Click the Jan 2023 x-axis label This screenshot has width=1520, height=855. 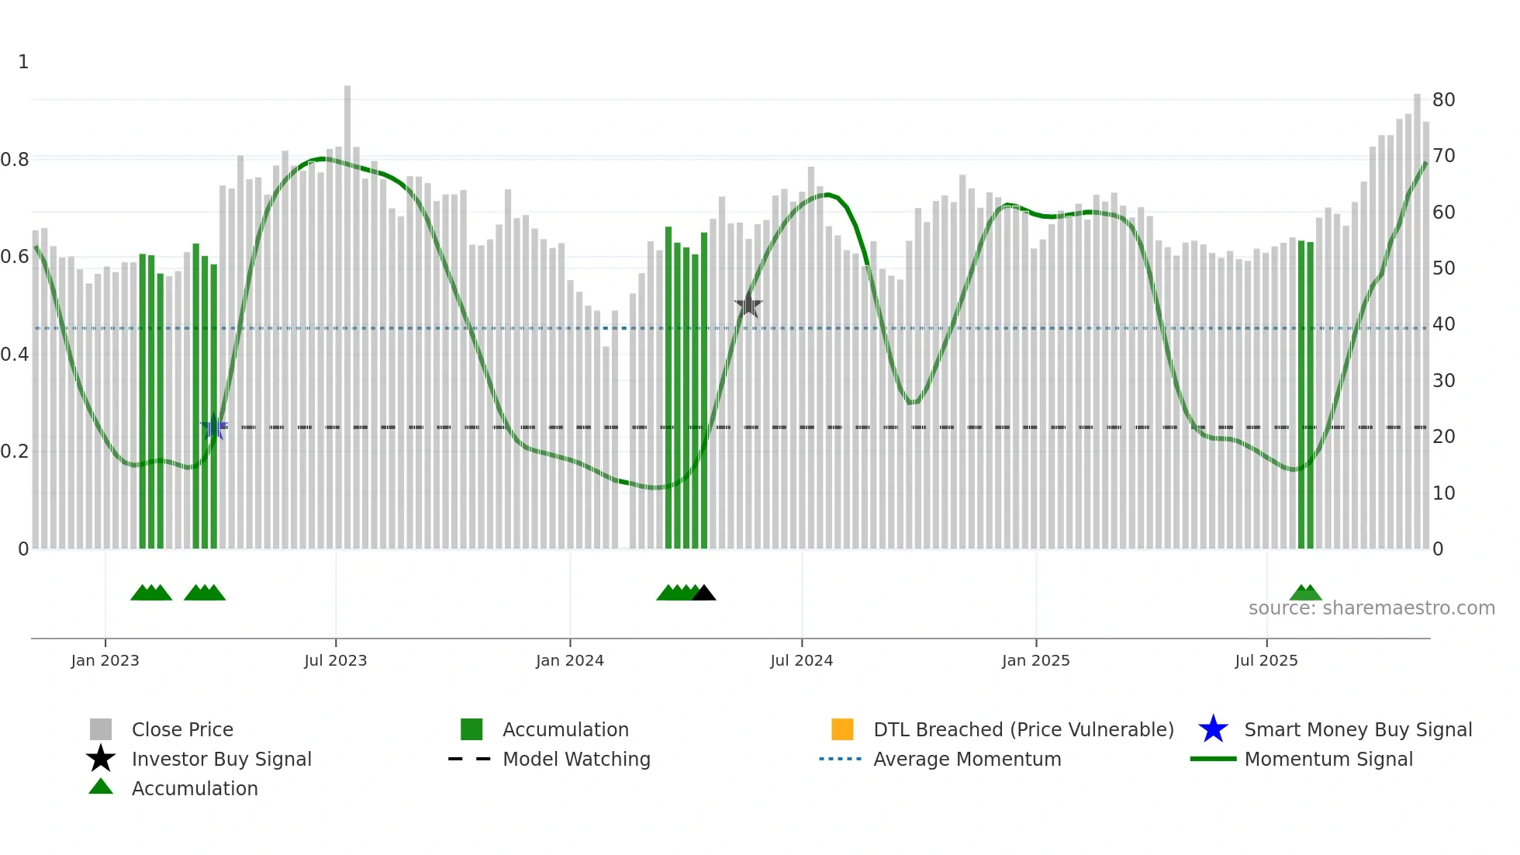(105, 660)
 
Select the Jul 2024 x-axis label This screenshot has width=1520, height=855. (801, 660)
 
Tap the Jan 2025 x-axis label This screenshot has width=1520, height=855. (1035, 660)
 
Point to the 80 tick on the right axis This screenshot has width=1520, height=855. (1443, 100)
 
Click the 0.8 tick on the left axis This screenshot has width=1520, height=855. (15, 160)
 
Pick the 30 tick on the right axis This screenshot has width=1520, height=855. (1443, 381)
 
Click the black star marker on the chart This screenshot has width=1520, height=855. (748, 306)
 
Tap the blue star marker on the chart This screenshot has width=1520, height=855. (214, 427)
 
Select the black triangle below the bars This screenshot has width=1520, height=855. (704, 594)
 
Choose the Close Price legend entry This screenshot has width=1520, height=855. (182, 729)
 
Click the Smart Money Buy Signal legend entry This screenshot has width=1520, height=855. (1358, 729)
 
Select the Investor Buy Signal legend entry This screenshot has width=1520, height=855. (221, 759)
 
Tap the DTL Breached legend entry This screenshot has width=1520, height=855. (1023, 729)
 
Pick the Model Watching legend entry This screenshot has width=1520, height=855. (576, 759)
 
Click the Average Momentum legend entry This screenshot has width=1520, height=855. (967, 759)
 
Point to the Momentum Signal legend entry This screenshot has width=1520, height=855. (1328, 759)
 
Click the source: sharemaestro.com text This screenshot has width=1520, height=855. (1371, 608)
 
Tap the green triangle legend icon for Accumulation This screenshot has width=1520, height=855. (101, 787)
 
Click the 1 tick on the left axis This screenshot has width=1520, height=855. (23, 62)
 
